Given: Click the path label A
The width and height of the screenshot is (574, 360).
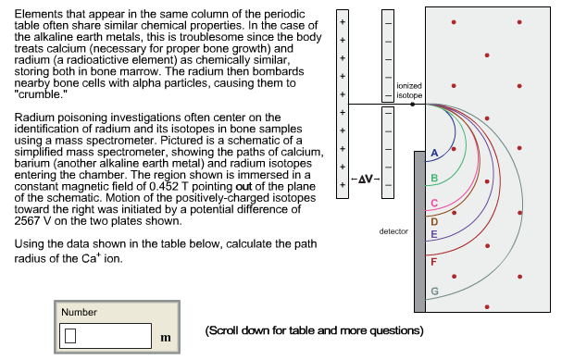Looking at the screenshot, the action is click(433, 152).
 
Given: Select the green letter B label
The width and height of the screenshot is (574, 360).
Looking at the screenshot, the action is click(433, 177).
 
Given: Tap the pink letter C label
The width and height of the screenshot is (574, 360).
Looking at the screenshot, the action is click(433, 203).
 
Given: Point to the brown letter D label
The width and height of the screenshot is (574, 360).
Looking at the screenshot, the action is click(433, 220).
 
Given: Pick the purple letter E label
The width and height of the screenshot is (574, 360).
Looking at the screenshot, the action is click(433, 235).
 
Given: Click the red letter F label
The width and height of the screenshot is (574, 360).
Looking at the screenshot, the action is click(433, 263).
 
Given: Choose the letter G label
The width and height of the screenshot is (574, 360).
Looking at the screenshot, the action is click(433, 292).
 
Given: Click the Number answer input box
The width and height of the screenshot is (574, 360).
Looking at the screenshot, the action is click(105, 336).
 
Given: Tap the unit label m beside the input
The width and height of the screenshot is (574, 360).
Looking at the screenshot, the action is click(166, 338).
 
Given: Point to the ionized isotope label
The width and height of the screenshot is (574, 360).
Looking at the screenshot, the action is click(408, 91).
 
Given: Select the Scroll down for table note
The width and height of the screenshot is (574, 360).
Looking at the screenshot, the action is click(314, 329).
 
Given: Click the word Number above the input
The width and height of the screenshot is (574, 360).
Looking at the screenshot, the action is click(79, 312).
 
